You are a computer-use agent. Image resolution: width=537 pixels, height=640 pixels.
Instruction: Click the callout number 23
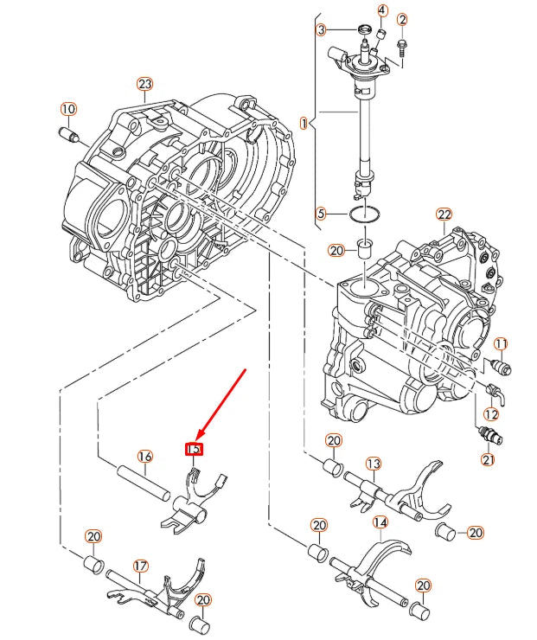click(x=144, y=84)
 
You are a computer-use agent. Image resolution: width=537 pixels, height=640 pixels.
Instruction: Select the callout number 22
click(x=444, y=214)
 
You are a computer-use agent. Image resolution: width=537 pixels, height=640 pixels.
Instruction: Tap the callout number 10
click(x=68, y=109)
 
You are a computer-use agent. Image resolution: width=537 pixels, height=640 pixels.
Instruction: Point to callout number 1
click(x=304, y=124)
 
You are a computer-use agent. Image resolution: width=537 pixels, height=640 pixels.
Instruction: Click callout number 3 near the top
click(x=321, y=30)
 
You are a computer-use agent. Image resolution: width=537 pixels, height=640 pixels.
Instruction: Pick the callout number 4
click(x=382, y=10)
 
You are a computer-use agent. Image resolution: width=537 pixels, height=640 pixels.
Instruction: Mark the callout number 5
click(x=321, y=213)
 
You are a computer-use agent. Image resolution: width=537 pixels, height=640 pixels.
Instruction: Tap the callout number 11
click(x=502, y=344)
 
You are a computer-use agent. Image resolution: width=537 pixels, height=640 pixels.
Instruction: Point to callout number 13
click(x=373, y=464)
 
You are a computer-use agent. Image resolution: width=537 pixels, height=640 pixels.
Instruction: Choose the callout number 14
click(x=380, y=522)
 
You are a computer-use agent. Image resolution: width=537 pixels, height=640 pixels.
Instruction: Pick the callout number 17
click(x=140, y=566)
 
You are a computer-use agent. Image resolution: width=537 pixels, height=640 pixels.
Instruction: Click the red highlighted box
click(x=195, y=449)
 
